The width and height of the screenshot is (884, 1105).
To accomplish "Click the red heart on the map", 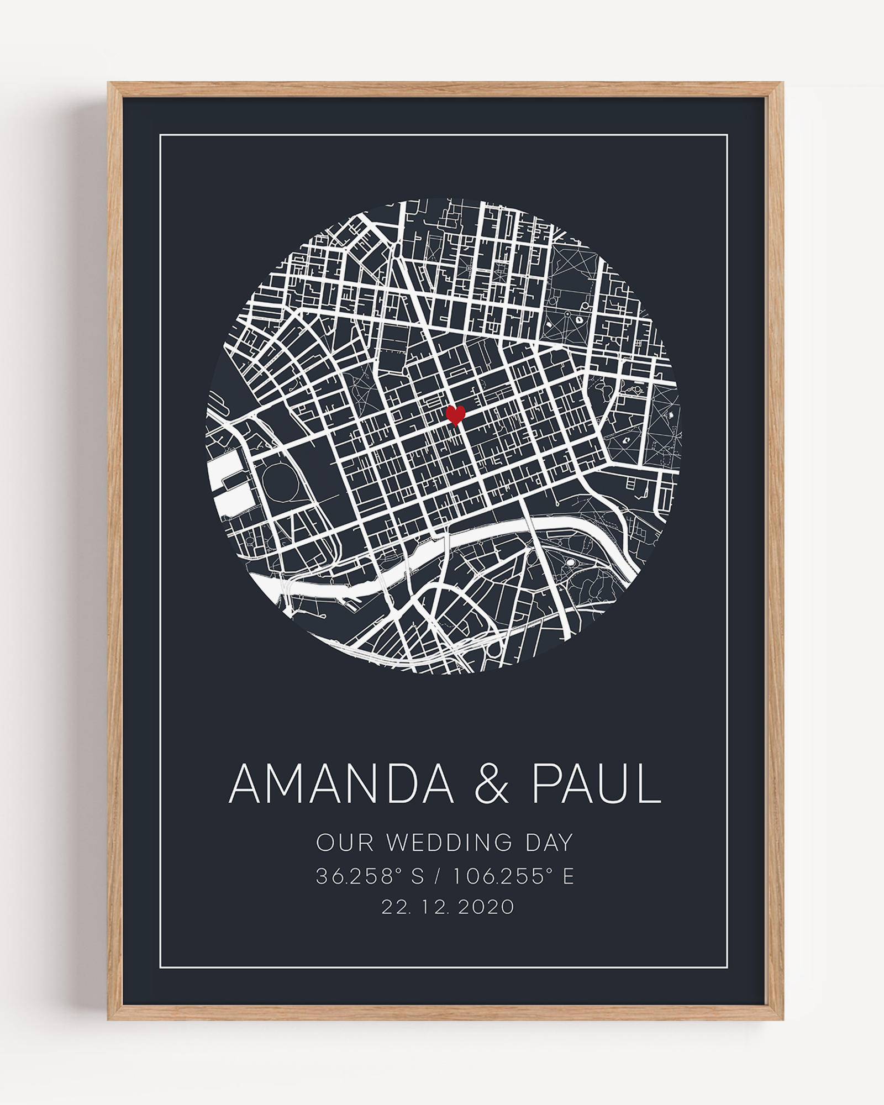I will (455, 414).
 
